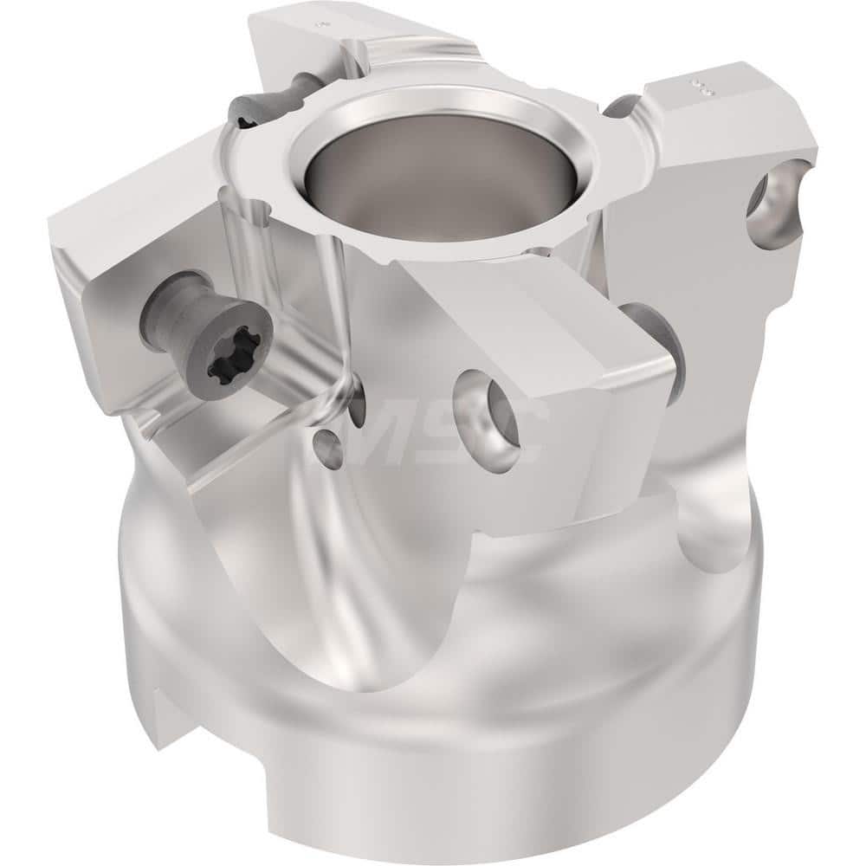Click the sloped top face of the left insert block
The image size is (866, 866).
point(130,225)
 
